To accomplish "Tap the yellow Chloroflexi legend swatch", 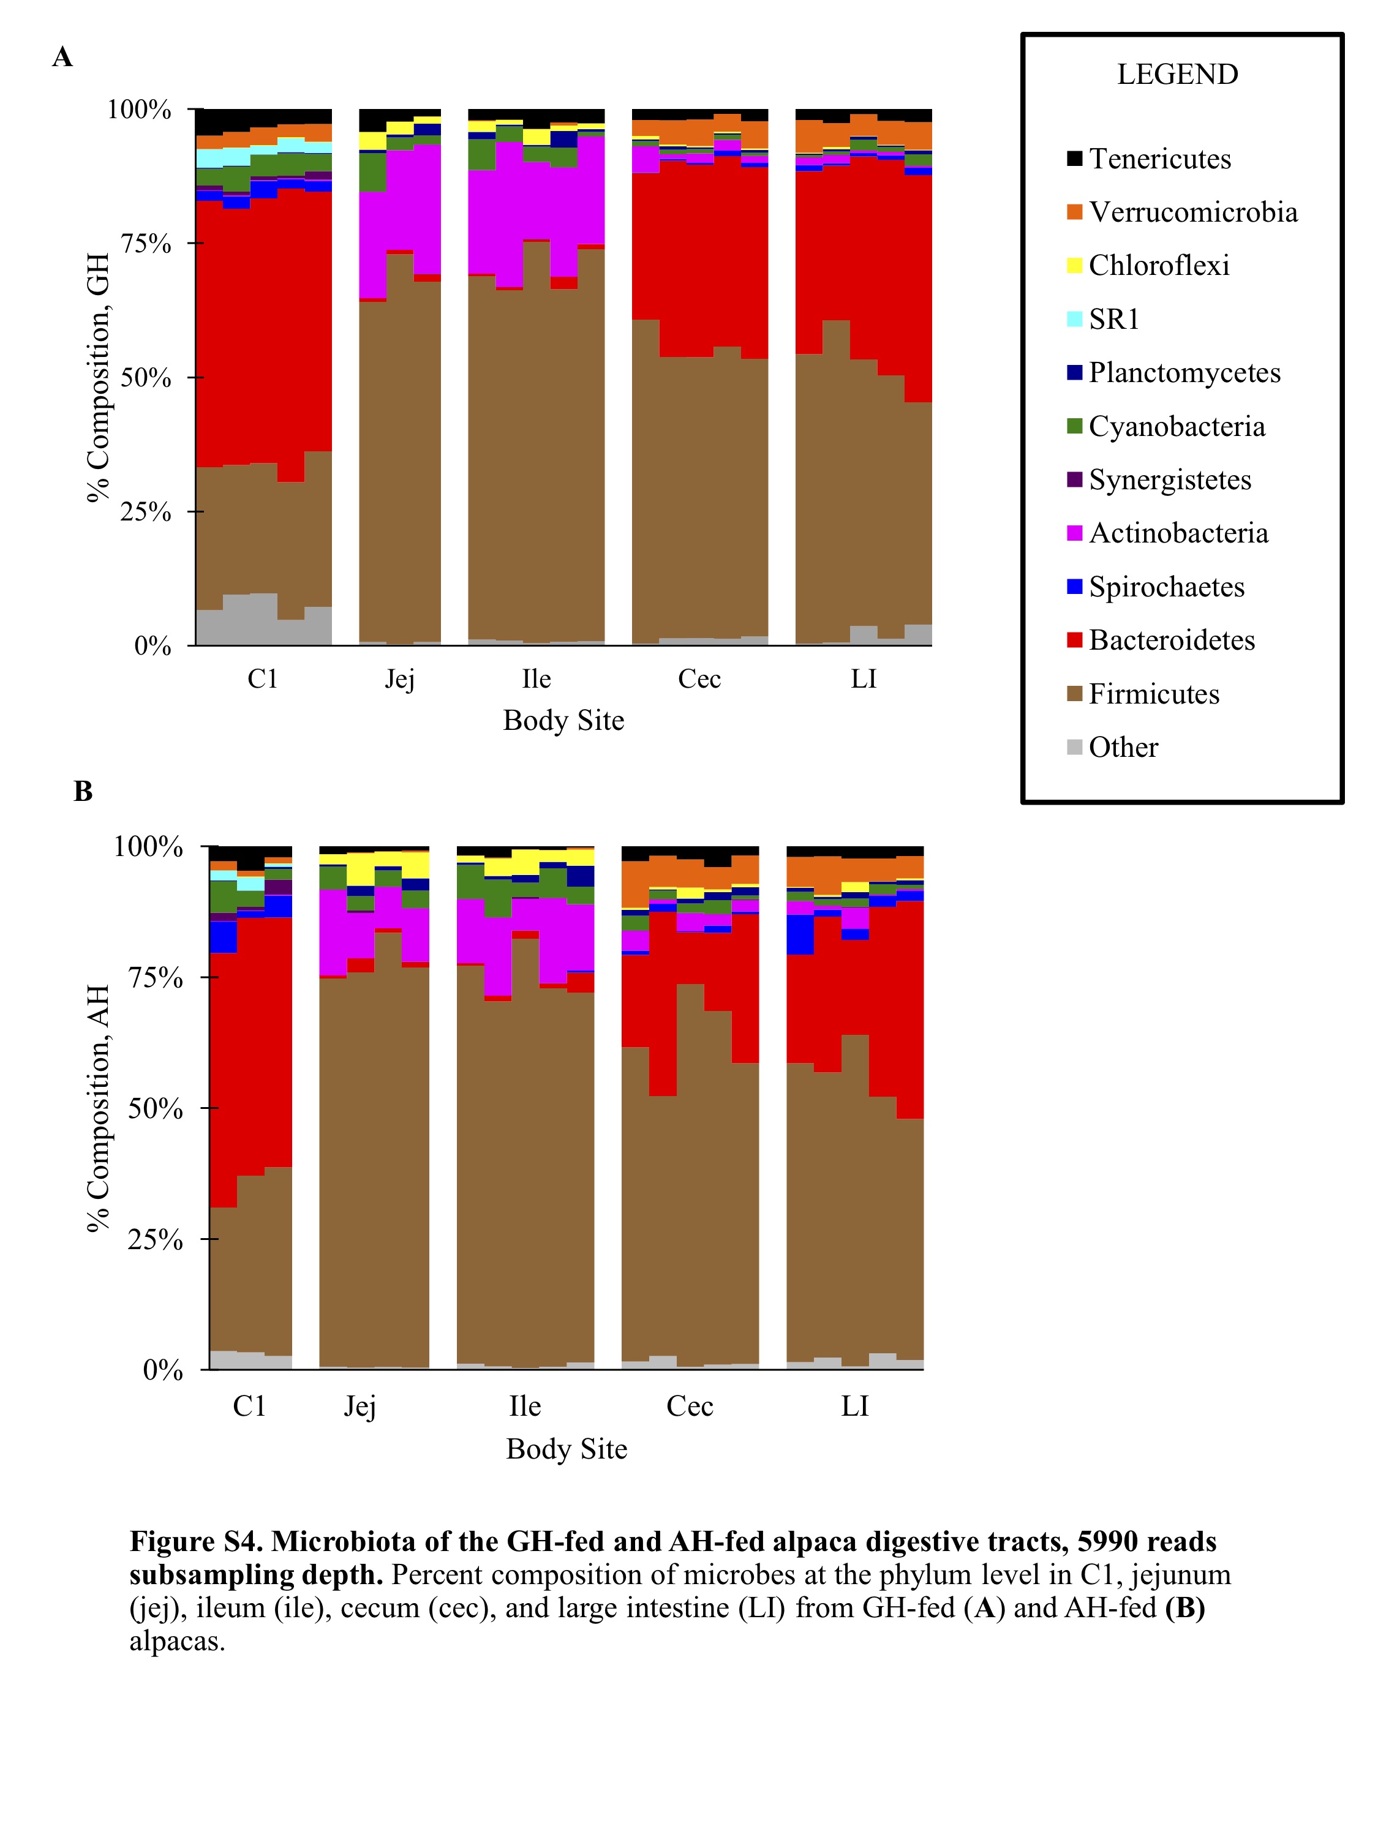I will click(1075, 266).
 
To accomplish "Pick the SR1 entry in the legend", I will click(1113, 319).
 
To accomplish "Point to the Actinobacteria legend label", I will click(1178, 533).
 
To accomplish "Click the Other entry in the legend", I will click(1122, 748).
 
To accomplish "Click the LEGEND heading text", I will click(1177, 75).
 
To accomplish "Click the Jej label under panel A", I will click(399, 679).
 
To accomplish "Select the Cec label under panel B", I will click(690, 1406).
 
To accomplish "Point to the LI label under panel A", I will click(863, 679).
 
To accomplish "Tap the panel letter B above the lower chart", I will click(83, 791).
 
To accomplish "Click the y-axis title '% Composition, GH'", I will click(98, 378).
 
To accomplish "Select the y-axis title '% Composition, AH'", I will click(98, 1109).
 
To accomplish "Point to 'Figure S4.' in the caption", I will click(196, 1541).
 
